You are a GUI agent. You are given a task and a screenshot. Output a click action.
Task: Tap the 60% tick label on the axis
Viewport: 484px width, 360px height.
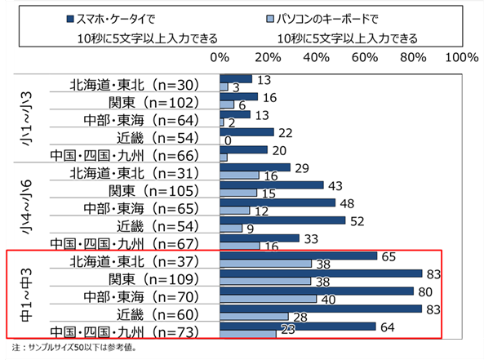[x=364, y=57]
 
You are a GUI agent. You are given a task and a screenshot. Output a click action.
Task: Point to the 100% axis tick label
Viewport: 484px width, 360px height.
[x=462, y=57]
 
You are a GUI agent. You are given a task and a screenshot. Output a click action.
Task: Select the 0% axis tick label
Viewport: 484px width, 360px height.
[x=220, y=57]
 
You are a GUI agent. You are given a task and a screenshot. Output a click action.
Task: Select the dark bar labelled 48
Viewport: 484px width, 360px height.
[x=278, y=202]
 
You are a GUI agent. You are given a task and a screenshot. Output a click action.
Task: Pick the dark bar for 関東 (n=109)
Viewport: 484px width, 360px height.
[x=320, y=273]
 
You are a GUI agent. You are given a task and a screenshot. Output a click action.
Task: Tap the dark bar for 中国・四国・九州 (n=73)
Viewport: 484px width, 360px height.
[x=297, y=327]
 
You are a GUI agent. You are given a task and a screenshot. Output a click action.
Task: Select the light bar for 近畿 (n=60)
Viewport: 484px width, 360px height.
[x=253, y=316]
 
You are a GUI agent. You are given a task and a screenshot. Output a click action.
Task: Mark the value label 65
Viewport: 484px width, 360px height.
[x=388, y=256]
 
